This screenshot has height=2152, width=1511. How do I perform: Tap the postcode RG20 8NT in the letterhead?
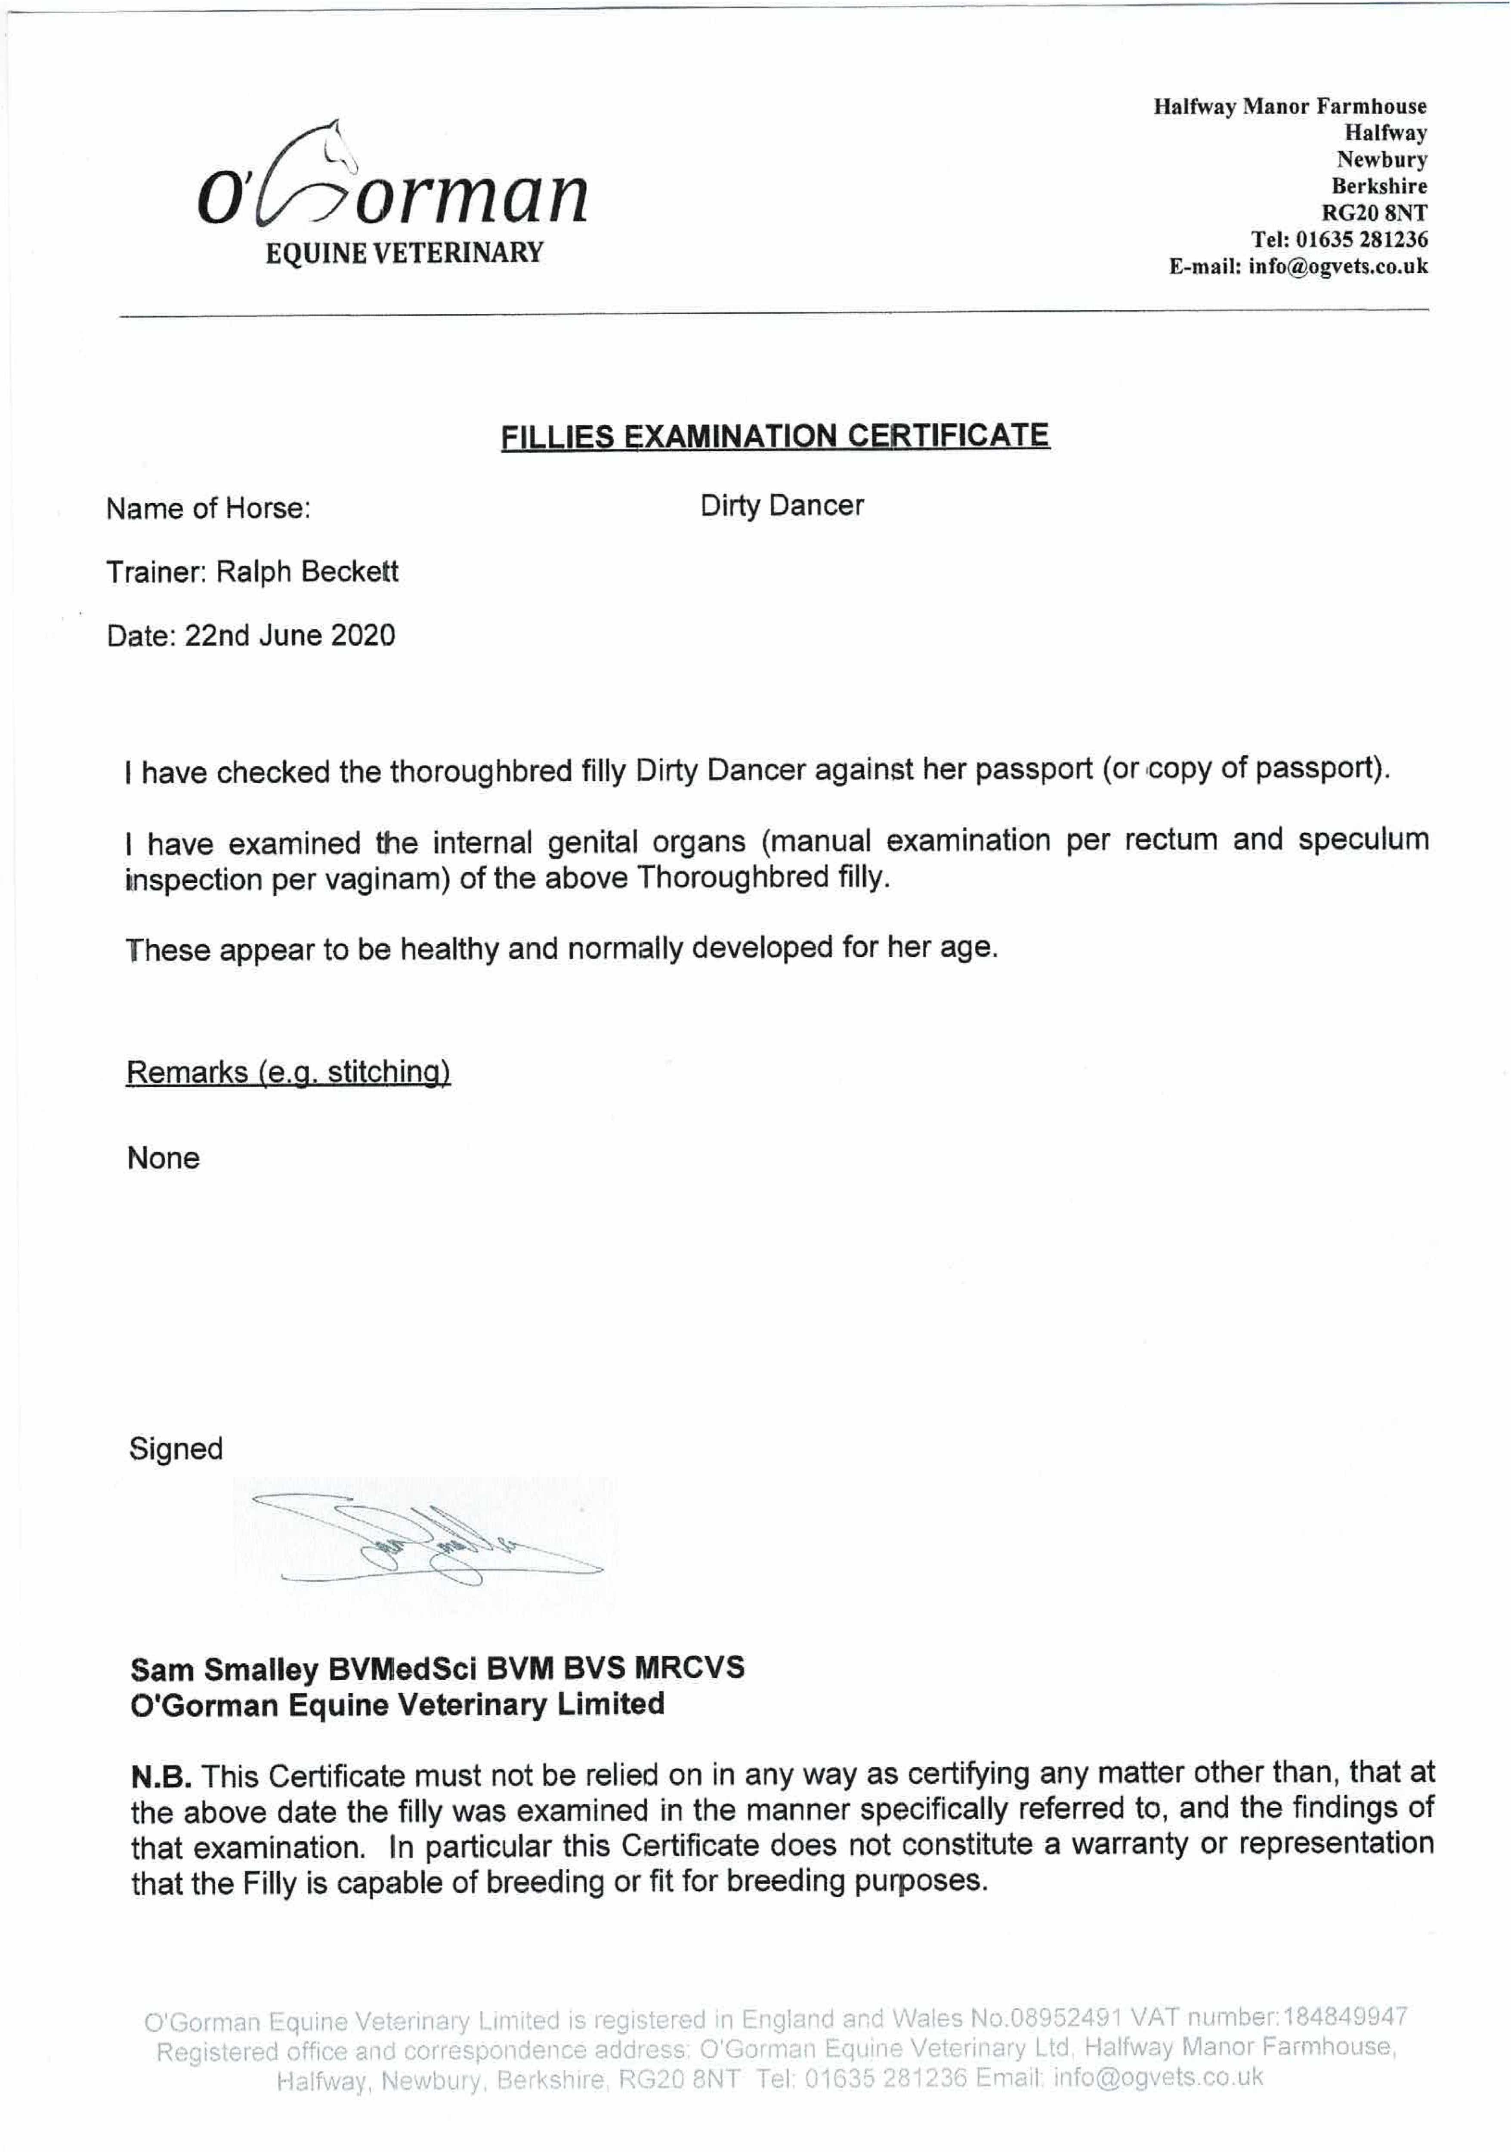click(1380, 213)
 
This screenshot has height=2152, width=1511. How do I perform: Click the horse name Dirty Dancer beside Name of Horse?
click(781, 506)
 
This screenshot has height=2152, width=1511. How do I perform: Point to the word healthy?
click(450, 949)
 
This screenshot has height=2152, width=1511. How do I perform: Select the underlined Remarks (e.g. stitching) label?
click(288, 1071)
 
